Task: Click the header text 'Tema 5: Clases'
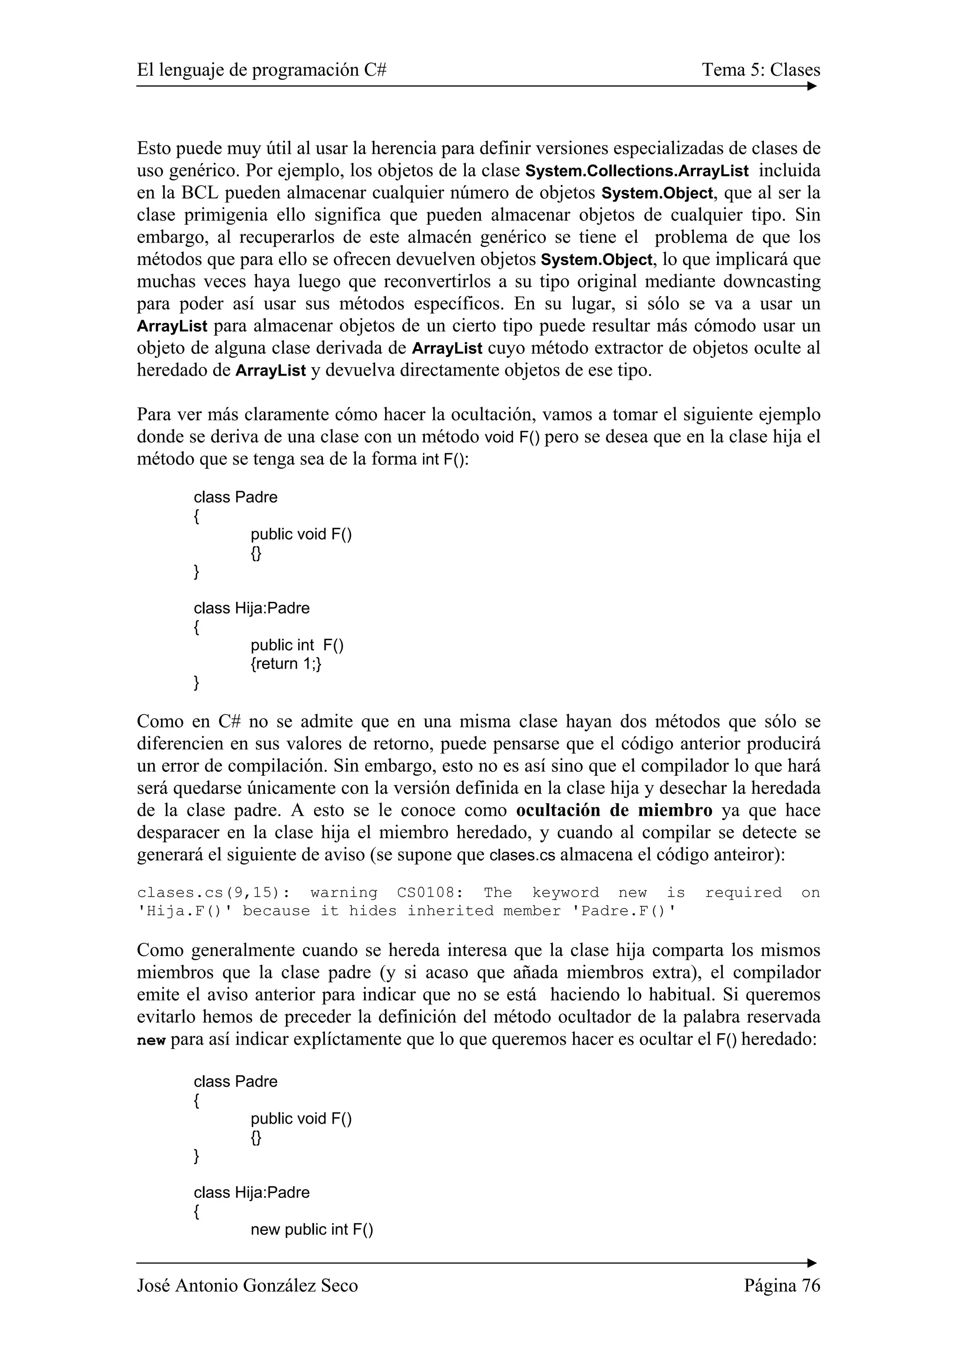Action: (761, 70)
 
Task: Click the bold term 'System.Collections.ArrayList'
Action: (637, 171)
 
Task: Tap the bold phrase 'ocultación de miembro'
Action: (614, 810)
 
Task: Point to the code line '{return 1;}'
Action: (286, 664)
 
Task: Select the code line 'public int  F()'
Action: (297, 645)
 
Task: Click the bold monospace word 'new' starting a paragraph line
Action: (151, 1041)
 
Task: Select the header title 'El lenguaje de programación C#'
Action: (262, 70)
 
